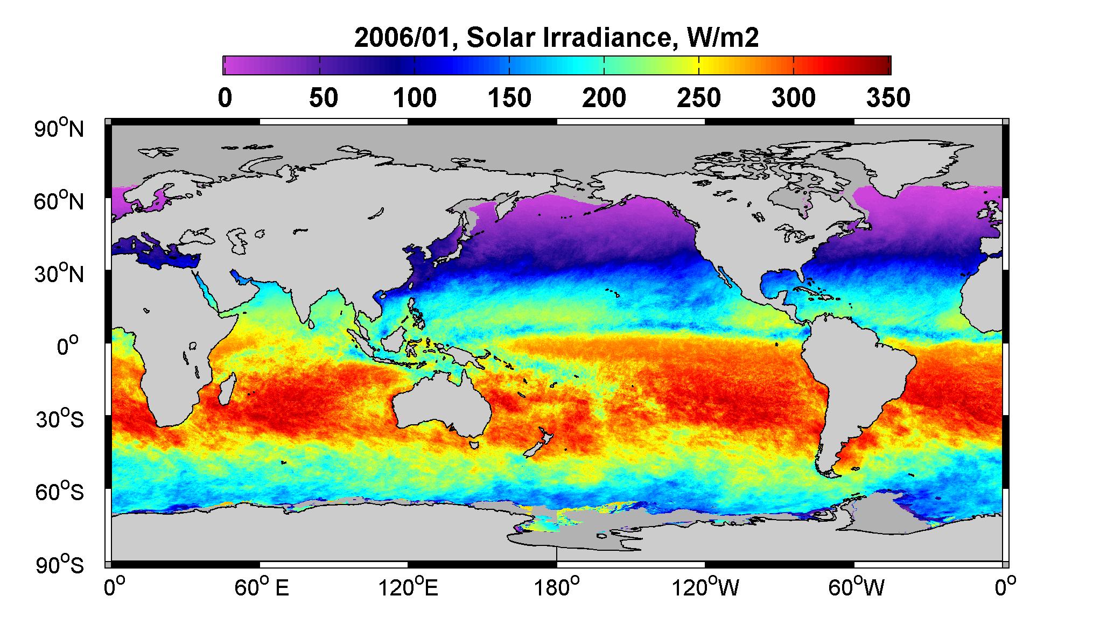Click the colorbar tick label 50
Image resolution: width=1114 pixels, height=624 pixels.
[323, 98]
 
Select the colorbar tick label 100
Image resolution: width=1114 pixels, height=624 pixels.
[415, 98]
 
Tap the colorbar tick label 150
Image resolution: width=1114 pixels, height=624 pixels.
[509, 98]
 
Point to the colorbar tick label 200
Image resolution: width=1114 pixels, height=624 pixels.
[604, 98]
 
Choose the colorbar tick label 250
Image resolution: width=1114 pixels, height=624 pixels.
[699, 98]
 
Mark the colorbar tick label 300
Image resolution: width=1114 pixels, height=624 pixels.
[794, 98]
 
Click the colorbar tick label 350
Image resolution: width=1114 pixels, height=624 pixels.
[888, 98]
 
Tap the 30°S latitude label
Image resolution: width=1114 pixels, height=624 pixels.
[60, 419]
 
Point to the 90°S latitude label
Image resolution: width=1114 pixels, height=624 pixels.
[60, 565]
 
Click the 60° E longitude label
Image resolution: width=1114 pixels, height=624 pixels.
[262, 588]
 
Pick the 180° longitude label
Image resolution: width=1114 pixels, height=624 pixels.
[556, 588]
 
